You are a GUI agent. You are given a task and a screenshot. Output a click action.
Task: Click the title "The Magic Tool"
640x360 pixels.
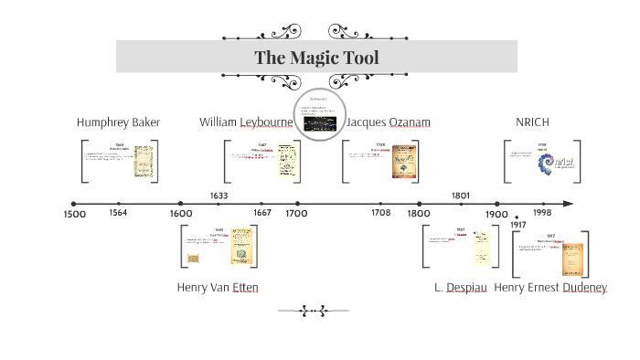click(x=316, y=58)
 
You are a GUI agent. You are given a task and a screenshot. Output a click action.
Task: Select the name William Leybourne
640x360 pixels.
click(x=246, y=122)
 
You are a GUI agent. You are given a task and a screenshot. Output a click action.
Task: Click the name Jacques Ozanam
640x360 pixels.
click(x=389, y=122)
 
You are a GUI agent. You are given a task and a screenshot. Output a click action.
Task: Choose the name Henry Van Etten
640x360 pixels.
click(x=218, y=287)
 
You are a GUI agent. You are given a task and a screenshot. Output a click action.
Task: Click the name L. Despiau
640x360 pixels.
click(x=461, y=287)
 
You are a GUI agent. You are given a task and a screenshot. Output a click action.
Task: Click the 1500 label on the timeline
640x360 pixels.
click(x=75, y=214)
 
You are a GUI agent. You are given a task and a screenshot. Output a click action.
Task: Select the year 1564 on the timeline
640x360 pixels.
click(x=118, y=213)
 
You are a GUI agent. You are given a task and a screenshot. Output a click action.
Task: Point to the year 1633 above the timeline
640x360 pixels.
click(x=219, y=196)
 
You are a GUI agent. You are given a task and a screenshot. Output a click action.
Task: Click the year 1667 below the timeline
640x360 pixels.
click(x=262, y=213)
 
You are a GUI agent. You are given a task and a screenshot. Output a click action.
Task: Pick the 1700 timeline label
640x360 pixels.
click(x=296, y=214)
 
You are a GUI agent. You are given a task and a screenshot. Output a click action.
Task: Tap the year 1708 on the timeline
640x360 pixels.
click(x=380, y=213)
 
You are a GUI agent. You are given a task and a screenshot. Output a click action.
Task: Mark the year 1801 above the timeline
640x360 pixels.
click(x=461, y=196)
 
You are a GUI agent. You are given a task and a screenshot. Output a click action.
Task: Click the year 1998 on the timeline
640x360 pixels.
click(x=542, y=213)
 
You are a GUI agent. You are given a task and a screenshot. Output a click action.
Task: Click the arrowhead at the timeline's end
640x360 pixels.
click(x=569, y=204)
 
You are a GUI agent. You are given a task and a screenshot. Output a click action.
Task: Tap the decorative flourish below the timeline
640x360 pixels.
click(x=314, y=311)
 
